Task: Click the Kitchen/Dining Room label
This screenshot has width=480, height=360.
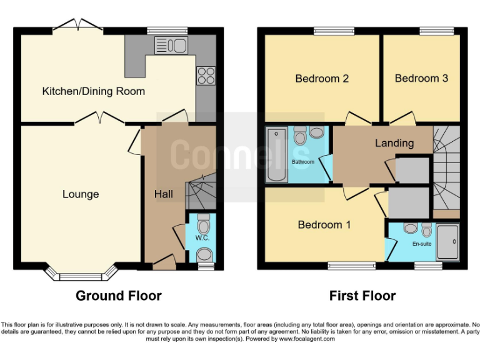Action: (x=93, y=91)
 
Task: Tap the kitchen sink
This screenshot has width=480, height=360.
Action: (x=171, y=45)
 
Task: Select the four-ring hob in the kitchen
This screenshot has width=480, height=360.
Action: (x=205, y=75)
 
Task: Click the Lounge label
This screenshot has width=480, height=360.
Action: (x=81, y=194)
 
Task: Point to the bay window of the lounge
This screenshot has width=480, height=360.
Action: (x=81, y=272)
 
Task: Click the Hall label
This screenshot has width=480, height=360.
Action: (x=164, y=194)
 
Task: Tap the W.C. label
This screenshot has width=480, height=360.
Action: (x=201, y=237)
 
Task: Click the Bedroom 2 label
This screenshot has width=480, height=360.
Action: (x=322, y=79)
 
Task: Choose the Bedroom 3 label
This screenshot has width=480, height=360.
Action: (x=421, y=79)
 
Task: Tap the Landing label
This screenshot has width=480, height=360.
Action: (x=394, y=143)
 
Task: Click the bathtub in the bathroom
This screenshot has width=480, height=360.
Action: (x=276, y=154)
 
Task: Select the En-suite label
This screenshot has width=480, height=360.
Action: (x=422, y=243)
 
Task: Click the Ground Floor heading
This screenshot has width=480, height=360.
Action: (x=119, y=296)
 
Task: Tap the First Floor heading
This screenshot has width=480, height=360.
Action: (x=362, y=296)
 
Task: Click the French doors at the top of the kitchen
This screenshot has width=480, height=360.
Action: (x=78, y=26)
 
